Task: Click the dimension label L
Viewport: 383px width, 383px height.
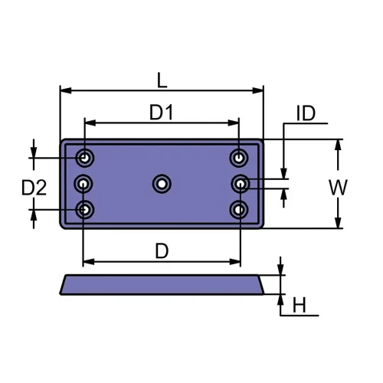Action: coord(161,79)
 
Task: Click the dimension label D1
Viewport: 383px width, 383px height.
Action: coord(161,112)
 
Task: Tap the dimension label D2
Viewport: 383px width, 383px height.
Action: coord(34,186)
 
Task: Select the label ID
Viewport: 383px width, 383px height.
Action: coord(306,114)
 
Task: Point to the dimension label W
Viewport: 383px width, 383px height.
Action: coord(337,185)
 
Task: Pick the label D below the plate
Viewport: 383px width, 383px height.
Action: coord(162,250)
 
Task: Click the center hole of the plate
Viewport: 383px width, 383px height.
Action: coord(162,183)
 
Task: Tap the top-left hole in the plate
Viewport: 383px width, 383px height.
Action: coord(85,159)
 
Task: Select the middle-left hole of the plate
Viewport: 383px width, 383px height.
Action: coord(83,183)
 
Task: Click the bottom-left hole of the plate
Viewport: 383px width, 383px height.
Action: coord(85,208)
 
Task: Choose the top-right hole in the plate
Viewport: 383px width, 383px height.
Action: coord(239,159)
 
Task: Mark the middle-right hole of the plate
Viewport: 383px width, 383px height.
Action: coord(241,183)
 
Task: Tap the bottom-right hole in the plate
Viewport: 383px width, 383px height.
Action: coord(239,208)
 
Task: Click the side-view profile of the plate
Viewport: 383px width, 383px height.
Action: coord(162,284)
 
